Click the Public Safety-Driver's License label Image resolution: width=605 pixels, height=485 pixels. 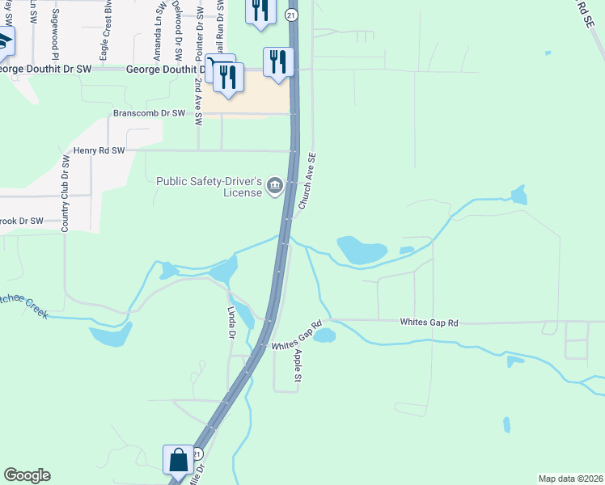pos(209,186)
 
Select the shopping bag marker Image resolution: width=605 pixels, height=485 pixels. pos(178,460)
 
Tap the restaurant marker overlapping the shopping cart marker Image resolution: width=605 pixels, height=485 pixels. pos(229,77)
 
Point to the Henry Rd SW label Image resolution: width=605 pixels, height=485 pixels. pos(99,150)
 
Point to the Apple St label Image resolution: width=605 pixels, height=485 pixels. pos(298,365)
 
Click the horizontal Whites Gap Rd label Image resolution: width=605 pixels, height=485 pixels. pos(429,323)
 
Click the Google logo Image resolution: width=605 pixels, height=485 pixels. pos(27,475)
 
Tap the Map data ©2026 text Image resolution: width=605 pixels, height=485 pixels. pos(570,479)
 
